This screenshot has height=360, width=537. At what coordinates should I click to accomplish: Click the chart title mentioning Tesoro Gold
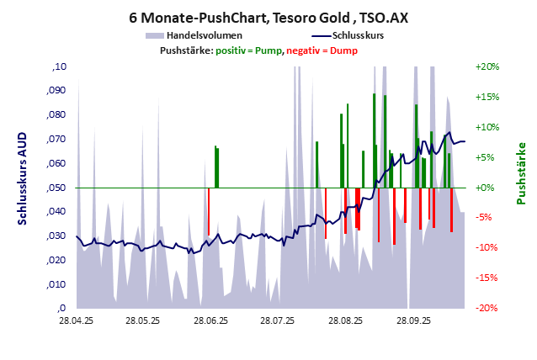point(268,17)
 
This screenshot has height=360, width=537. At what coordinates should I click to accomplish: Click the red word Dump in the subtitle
point(343,51)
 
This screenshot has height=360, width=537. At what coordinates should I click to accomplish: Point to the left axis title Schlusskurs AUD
point(24,177)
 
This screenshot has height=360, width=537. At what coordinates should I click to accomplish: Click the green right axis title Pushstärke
point(520,172)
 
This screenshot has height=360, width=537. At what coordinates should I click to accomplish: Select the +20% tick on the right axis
point(488,66)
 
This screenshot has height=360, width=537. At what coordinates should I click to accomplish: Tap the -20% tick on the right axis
point(488,308)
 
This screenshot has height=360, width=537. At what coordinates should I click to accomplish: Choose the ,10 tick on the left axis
point(59,66)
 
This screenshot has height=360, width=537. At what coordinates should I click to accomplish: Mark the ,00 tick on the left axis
point(59,308)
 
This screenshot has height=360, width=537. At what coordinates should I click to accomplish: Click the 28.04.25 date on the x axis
point(76,320)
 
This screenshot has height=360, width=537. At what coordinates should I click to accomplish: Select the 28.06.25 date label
point(210,320)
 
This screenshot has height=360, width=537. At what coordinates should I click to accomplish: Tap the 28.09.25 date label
point(413,320)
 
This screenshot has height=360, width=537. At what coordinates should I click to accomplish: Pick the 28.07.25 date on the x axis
point(277,320)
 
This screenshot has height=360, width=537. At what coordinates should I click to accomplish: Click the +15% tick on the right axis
point(488,97)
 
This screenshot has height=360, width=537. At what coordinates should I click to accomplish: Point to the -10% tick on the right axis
point(488,247)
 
